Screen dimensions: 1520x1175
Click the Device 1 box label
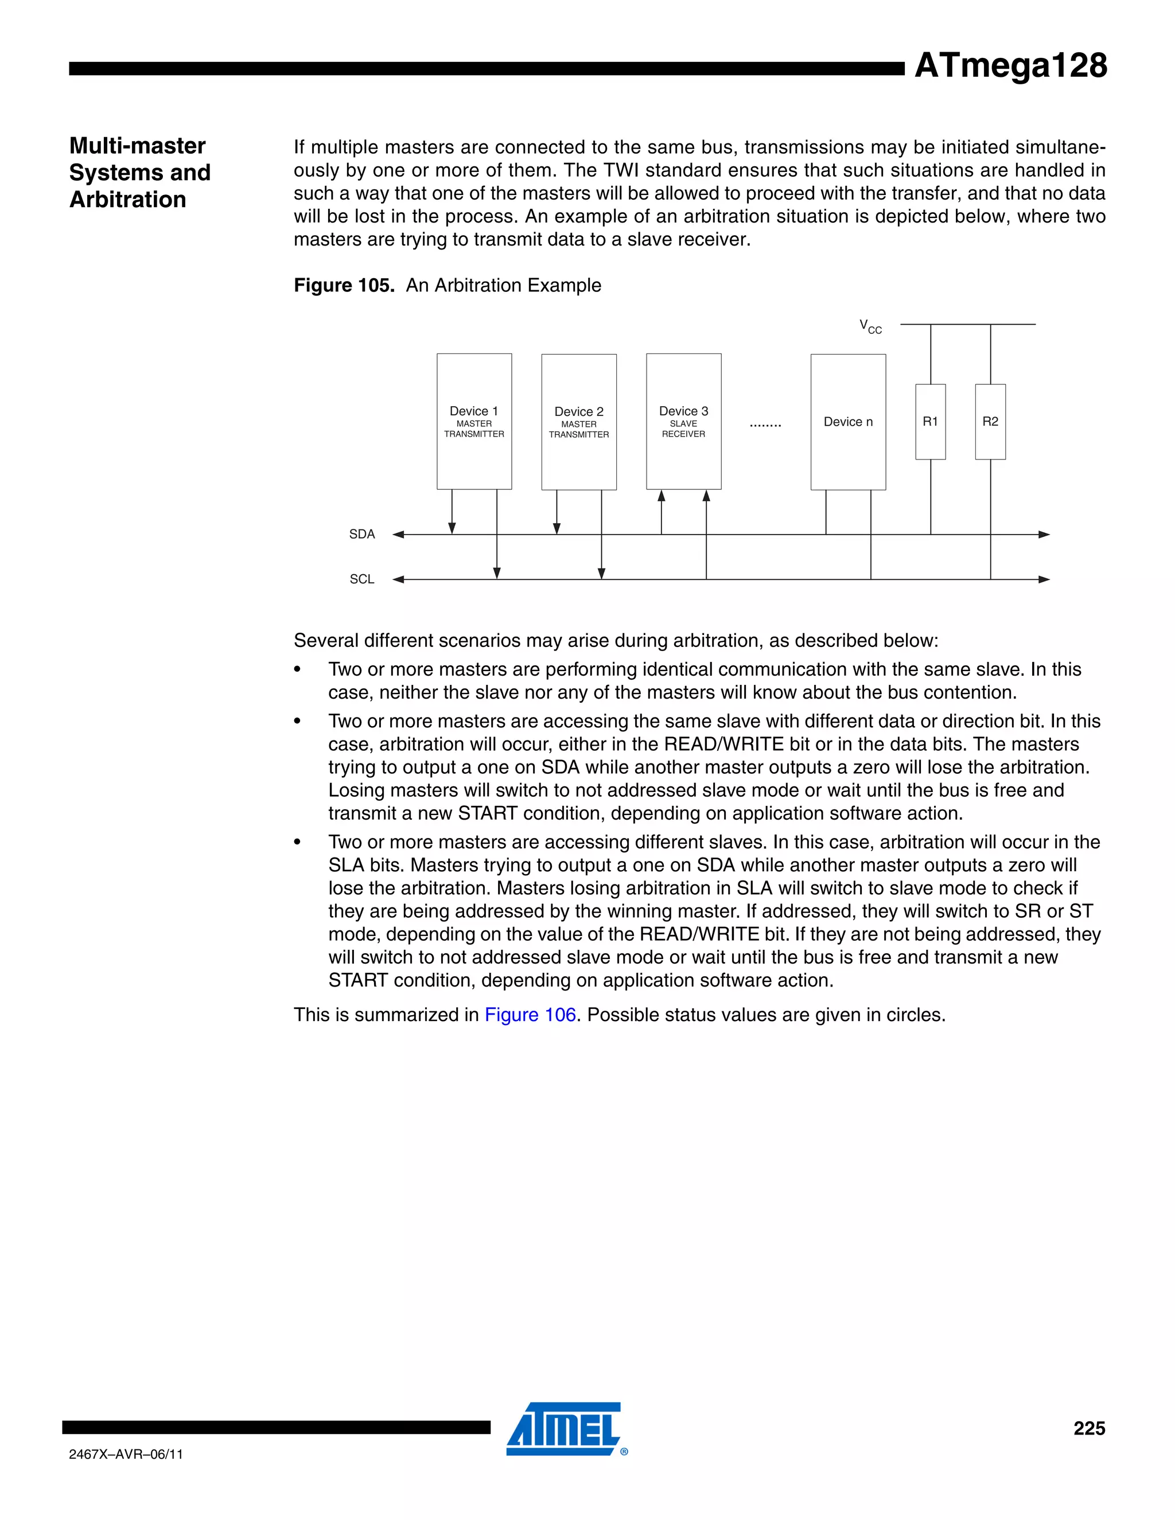click(474, 411)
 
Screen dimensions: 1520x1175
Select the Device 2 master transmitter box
click(578, 422)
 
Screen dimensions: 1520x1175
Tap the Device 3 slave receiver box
click(683, 421)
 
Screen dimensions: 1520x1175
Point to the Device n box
click(848, 422)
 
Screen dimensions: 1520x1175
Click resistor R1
click(930, 422)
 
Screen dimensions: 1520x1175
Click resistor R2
click(990, 422)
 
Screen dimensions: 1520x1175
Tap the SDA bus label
click(362, 535)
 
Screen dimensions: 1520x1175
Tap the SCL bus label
click(362, 579)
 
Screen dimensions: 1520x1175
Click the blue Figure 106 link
click(531, 1015)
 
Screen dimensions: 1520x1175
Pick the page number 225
click(1090, 1428)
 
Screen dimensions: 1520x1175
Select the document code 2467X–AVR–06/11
click(126, 1455)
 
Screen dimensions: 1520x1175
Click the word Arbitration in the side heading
click(128, 200)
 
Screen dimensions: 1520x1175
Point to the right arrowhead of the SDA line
click(1044, 535)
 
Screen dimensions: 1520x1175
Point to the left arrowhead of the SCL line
click(399, 579)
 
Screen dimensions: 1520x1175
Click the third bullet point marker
click(297, 843)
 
